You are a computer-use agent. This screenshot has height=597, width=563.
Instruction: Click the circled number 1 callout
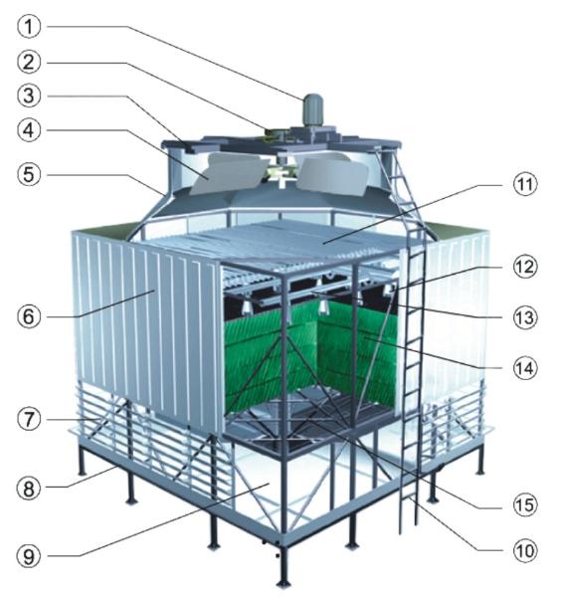tap(29, 27)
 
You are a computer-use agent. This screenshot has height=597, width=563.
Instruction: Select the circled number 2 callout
tap(29, 62)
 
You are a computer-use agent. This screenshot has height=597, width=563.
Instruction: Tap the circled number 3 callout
tap(29, 96)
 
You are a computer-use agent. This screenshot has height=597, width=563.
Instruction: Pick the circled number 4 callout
tap(29, 130)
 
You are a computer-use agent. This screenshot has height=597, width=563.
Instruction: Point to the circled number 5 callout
tap(29, 175)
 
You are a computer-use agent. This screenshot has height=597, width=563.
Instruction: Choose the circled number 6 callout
tap(29, 316)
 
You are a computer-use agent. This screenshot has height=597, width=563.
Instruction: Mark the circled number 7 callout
tap(29, 419)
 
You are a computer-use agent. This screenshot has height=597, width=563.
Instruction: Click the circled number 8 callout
tap(29, 488)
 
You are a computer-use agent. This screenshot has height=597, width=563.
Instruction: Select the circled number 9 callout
tap(29, 556)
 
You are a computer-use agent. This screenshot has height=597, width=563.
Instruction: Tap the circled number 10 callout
tap(525, 550)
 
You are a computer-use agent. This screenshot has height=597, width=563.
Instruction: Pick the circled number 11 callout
tap(525, 185)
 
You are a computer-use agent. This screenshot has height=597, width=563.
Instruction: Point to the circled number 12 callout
tap(525, 267)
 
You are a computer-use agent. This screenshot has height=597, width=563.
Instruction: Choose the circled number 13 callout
tap(525, 317)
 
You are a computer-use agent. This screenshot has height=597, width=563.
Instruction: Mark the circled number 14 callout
tap(525, 368)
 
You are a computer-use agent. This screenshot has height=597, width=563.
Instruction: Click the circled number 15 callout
tap(525, 504)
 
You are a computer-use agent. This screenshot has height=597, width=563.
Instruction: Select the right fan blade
tap(332, 175)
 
